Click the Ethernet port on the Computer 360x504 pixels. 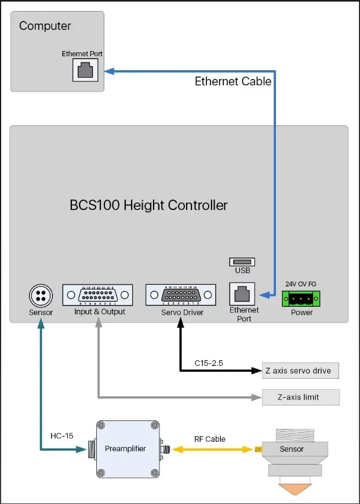pyautogui.click(x=85, y=71)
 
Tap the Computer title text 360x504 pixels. pyautogui.click(x=45, y=26)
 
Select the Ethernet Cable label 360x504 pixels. pyautogui.click(x=232, y=81)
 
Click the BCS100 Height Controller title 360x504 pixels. pyautogui.click(x=148, y=205)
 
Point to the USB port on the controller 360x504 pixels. pyautogui.click(x=242, y=262)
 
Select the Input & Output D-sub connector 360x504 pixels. pyautogui.click(x=97, y=295)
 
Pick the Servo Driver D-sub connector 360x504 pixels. pyautogui.click(x=181, y=295)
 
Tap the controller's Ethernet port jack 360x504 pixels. pyautogui.click(x=243, y=295)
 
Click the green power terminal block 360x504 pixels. pyautogui.click(x=301, y=298)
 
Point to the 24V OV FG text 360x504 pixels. pyautogui.click(x=301, y=284)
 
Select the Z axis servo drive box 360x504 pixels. pyautogui.click(x=300, y=371)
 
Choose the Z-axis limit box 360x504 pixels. pyautogui.click(x=300, y=397)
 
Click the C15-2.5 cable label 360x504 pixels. pyautogui.click(x=209, y=364)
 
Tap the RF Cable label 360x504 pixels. pyautogui.click(x=210, y=439)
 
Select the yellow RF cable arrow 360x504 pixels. pyautogui.click(x=213, y=449)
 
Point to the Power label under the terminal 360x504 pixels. pyautogui.click(x=301, y=312)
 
